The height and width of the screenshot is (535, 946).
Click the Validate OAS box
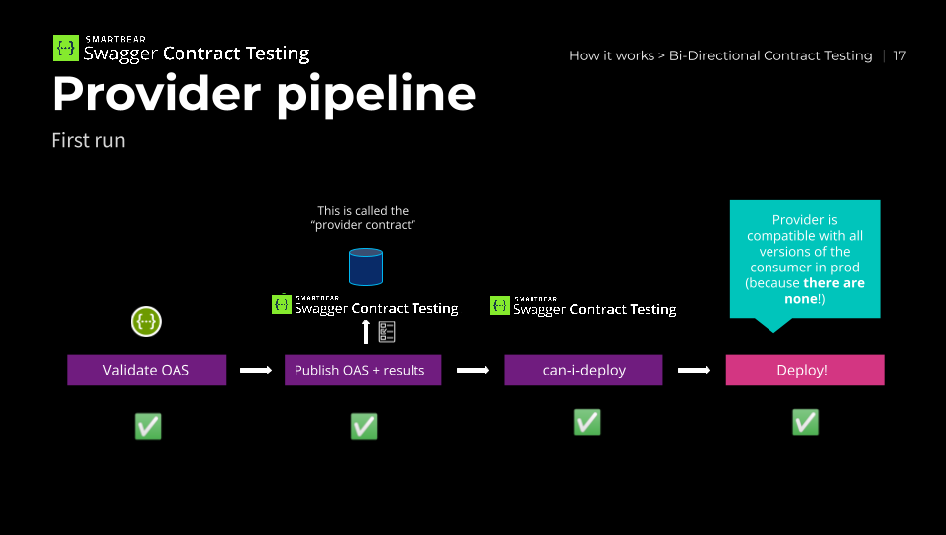(x=147, y=370)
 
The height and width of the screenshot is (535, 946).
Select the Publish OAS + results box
(x=363, y=370)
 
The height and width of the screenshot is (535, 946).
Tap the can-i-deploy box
(x=583, y=370)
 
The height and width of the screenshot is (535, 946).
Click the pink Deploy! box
(x=804, y=370)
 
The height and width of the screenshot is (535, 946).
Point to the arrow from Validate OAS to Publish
(x=256, y=370)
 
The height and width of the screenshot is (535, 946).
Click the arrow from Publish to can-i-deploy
(x=473, y=370)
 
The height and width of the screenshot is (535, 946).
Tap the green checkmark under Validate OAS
(x=148, y=427)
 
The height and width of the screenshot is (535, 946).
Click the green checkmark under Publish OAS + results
(x=364, y=427)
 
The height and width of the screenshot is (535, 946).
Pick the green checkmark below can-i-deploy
(x=587, y=422)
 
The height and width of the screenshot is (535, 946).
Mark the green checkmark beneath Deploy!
(x=805, y=422)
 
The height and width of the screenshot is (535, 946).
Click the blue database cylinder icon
(x=366, y=267)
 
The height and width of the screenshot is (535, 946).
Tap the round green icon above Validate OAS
(x=146, y=322)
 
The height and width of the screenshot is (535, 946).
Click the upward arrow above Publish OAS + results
(x=366, y=331)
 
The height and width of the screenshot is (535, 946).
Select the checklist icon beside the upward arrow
(x=387, y=331)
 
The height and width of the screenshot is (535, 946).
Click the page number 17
(x=899, y=55)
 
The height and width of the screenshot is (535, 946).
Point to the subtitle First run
(x=88, y=140)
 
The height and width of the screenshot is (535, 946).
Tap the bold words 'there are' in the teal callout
(x=834, y=283)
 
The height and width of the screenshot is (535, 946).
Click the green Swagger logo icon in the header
(x=65, y=49)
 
